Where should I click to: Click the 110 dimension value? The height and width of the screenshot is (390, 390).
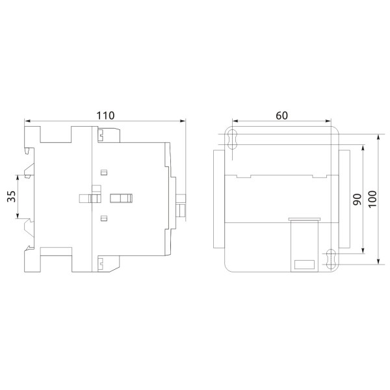tap(105, 115)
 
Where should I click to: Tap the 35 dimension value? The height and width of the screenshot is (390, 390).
tap(11, 197)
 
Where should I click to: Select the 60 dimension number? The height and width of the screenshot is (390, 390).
tap(281, 115)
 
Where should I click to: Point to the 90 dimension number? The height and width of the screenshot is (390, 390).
tap(356, 200)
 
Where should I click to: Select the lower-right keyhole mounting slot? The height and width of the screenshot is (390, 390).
tap(331, 258)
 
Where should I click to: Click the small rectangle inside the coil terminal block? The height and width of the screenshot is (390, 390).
tap(305, 264)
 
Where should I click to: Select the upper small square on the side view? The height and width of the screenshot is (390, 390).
tap(103, 172)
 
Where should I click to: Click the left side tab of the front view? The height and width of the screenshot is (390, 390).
tap(217, 198)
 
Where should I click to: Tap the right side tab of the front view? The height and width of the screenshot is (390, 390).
tap(346, 198)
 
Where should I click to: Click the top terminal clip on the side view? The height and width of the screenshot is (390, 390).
tap(102, 135)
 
